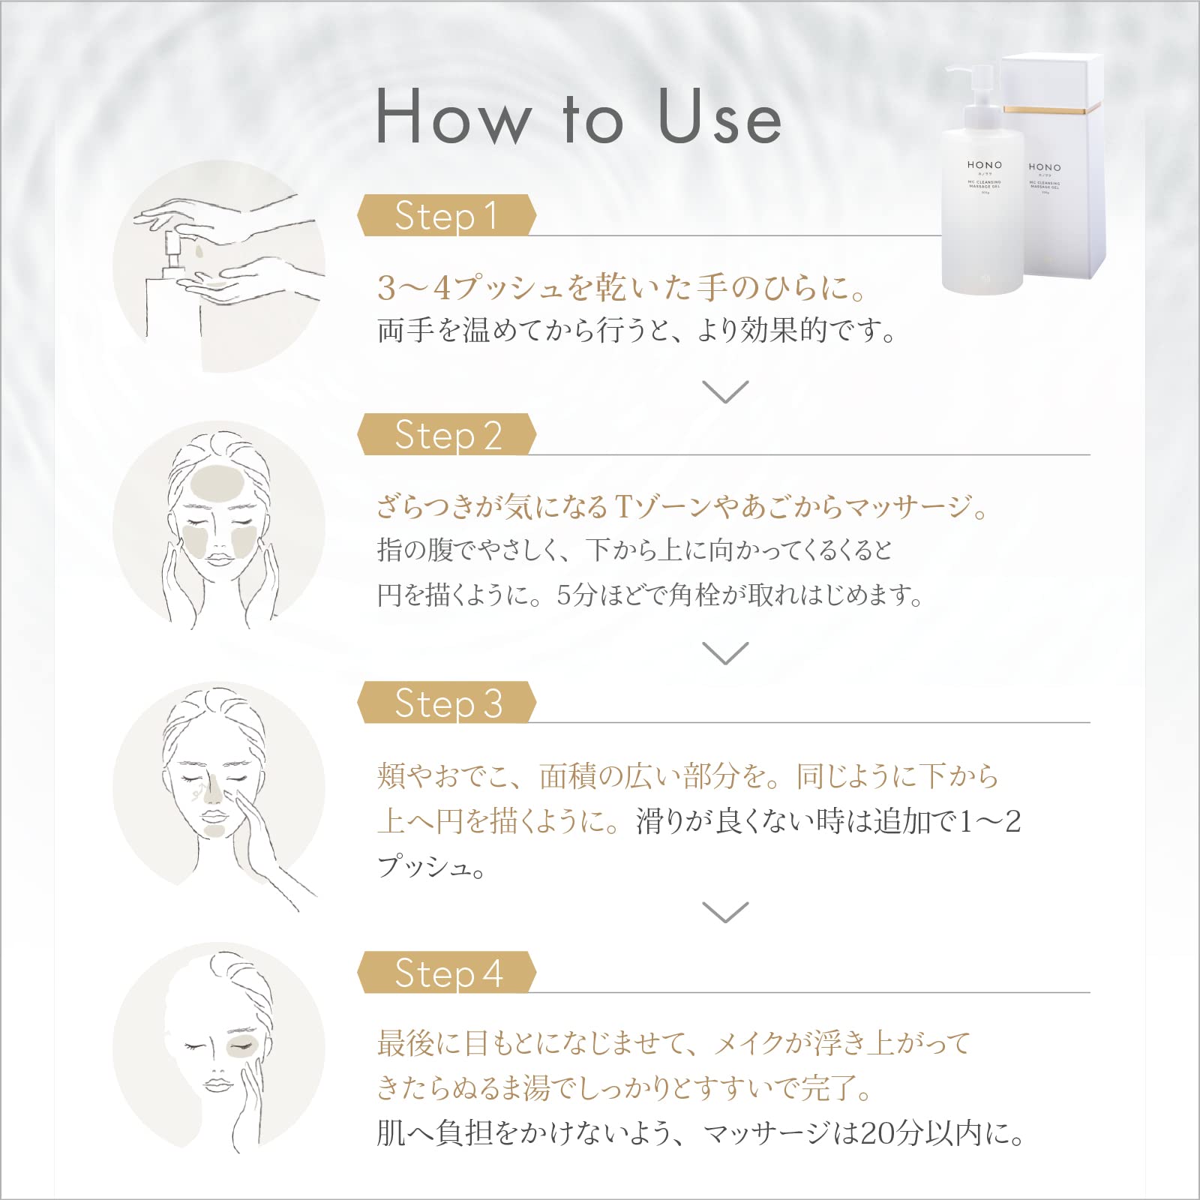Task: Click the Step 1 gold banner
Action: pos(446,216)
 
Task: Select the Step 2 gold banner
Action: pos(446,435)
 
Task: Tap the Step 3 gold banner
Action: pos(446,703)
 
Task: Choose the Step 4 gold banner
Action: pos(446,973)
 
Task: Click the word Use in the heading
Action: pos(720,118)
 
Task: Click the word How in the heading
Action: pos(454,118)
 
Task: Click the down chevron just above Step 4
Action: pos(725,912)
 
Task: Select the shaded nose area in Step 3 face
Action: pos(213,787)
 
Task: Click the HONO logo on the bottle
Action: pos(984,165)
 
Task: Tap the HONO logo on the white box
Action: pos(1044,167)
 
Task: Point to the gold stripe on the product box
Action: pos(1053,110)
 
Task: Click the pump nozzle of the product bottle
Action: pos(967,71)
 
